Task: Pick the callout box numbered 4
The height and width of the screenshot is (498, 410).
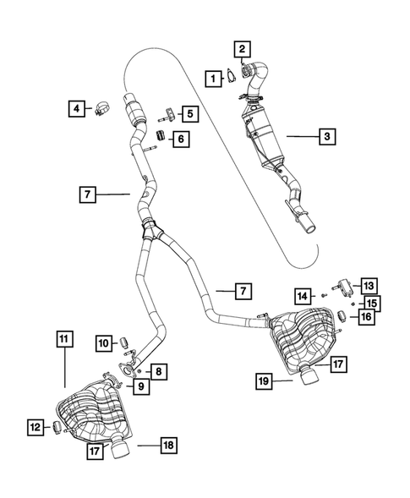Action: (76, 107)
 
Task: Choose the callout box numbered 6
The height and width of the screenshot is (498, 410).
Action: (181, 139)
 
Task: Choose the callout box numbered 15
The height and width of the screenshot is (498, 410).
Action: (370, 302)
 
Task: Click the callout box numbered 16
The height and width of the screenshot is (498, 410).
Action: (367, 316)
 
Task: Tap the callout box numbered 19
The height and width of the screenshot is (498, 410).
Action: (263, 381)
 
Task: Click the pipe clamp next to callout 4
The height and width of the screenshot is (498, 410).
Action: (101, 107)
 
